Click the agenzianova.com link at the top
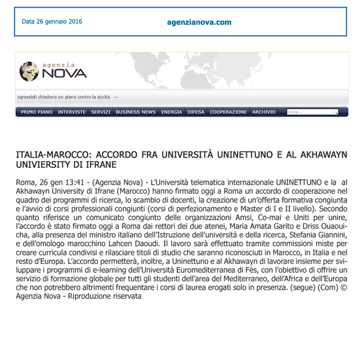[199, 22]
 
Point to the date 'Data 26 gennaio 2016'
[52, 22]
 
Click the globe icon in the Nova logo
[29, 71]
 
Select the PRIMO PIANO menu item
[37, 112]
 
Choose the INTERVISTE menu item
[71, 112]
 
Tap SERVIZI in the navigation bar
[101, 112]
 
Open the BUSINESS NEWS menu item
[135, 112]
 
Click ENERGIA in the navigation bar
[171, 112]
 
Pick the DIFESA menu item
[196, 112]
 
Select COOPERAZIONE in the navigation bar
[228, 112]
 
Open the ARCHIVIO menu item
[263, 112]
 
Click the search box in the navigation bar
[309, 112]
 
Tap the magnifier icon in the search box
[335, 112]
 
